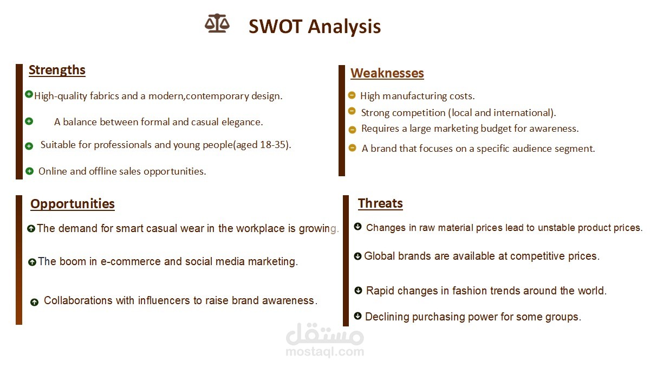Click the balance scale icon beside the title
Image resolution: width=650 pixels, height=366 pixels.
217,24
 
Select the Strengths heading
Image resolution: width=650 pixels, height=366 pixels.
57,70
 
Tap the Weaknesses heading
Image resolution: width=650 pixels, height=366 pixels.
387,73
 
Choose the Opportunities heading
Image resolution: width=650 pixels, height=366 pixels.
73,204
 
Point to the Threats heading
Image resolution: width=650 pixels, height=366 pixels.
380,203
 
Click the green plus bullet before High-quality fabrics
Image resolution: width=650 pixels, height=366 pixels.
29,94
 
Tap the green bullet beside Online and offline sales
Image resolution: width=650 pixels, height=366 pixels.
30,171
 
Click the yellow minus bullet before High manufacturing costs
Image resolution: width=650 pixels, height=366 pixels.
352,95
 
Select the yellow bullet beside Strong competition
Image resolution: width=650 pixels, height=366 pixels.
352,111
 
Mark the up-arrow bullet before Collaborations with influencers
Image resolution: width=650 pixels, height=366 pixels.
34,302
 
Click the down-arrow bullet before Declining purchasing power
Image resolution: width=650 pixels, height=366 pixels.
357,316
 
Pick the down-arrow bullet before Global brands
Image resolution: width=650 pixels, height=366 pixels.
357,256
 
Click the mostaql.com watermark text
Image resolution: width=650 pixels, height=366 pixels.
325,352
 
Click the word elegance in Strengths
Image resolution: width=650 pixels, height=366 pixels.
242,122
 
